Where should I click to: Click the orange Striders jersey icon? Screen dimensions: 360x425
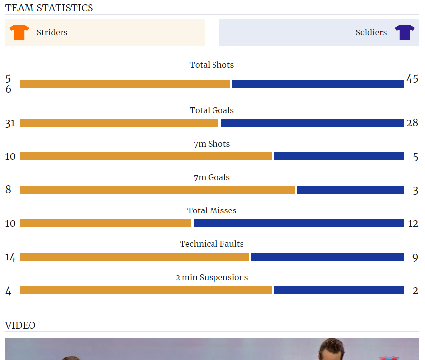(19, 32)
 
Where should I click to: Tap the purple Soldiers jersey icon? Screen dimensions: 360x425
(404, 32)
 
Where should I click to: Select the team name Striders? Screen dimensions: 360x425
(52, 32)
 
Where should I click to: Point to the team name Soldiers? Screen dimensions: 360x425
(371, 32)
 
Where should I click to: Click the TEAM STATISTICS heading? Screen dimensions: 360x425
(49, 8)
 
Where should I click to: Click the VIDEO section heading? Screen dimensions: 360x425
(20, 325)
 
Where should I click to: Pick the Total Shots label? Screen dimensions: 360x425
(212, 65)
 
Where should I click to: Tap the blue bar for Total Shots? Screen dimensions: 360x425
(318, 84)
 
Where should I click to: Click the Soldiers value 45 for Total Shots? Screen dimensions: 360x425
(412, 79)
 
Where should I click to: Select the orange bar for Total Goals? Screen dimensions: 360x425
(119, 123)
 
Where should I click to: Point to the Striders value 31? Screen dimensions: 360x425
(10, 123)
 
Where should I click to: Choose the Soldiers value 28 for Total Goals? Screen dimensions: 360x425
(412, 123)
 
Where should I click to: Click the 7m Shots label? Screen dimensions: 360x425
(212, 144)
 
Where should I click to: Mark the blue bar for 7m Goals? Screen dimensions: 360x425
(350, 190)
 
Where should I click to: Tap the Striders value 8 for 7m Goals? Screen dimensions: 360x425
(8, 189)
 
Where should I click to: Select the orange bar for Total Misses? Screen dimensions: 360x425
(105, 223)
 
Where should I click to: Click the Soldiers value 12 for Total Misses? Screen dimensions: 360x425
(413, 223)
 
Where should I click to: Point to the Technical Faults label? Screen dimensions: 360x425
(212, 244)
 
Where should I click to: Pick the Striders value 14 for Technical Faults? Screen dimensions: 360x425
(10, 257)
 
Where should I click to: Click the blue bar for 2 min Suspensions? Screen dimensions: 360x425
(339, 290)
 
